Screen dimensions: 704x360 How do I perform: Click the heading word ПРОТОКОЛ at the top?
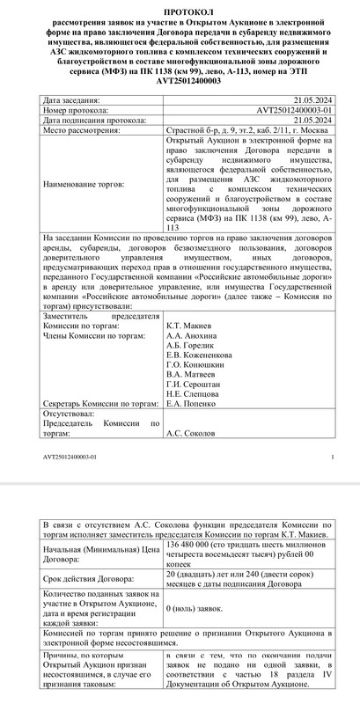coord(180,6)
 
